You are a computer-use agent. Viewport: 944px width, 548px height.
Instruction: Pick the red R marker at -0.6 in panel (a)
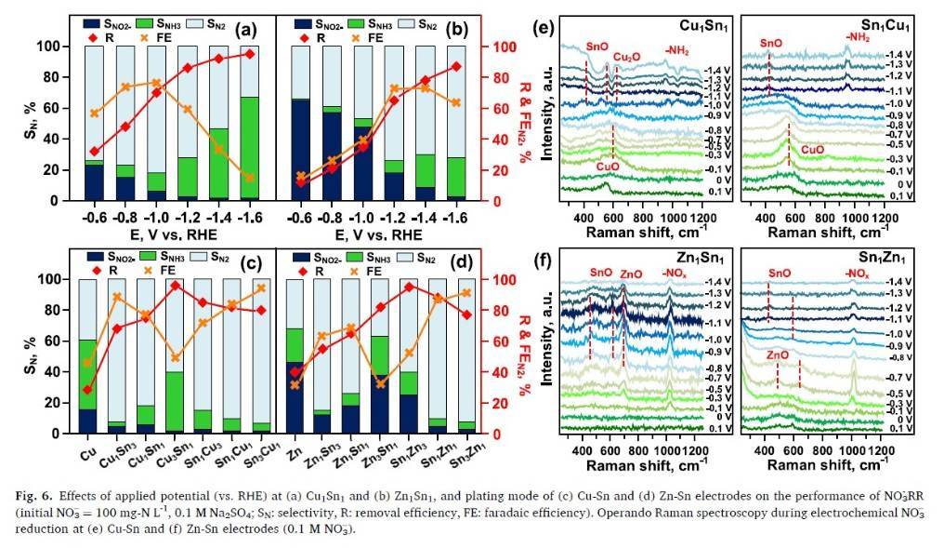click(x=94, y=151)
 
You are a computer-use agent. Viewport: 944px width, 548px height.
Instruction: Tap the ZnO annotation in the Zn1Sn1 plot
click(x=631, y=274)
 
